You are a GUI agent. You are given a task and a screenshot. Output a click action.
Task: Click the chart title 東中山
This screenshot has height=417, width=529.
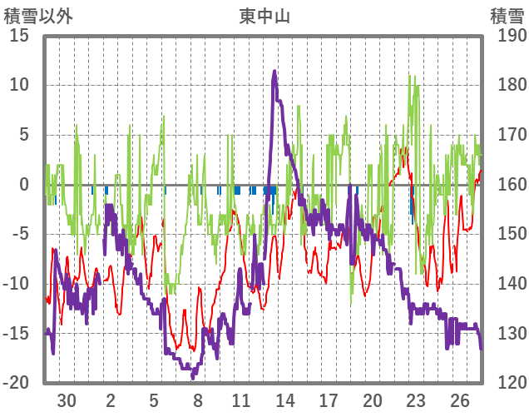click(x=264, y=16)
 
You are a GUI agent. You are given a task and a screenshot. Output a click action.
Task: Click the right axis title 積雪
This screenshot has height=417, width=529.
click(x=507, y=16)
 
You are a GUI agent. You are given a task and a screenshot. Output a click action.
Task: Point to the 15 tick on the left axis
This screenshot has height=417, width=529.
click(x=19, y=36)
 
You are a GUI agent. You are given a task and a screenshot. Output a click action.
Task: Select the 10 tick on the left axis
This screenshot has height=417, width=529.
click(x=19, y=85)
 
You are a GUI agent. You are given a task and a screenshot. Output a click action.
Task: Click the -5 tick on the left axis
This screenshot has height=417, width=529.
click(x=19, y=234)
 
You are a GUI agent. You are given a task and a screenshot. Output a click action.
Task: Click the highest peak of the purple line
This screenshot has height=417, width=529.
click(x=274, y=72)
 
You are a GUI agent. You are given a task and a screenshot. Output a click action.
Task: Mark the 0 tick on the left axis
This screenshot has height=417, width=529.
click(x=25, y=185)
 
